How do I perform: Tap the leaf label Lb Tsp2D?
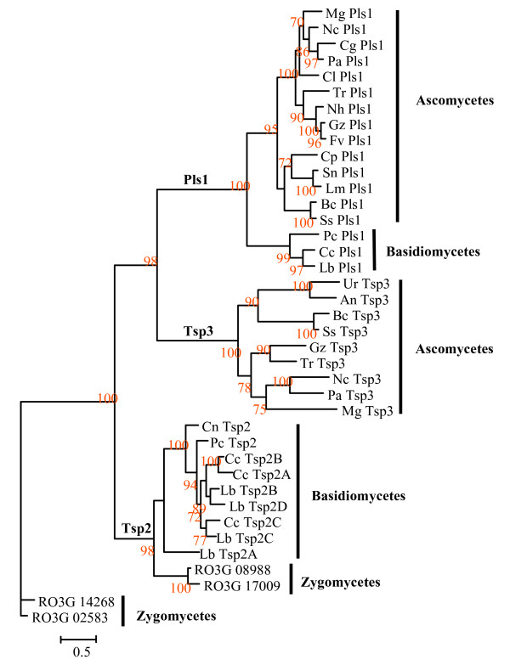click(x=255, y=507)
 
